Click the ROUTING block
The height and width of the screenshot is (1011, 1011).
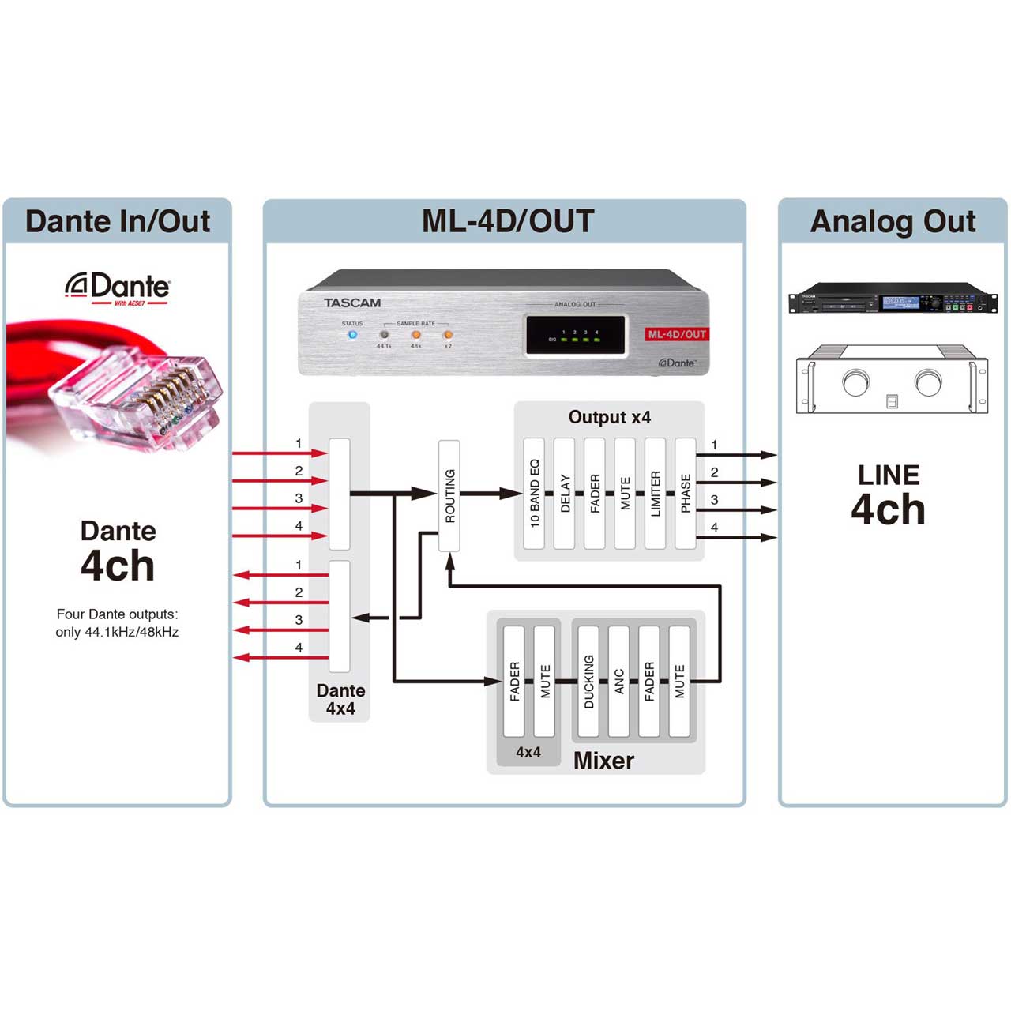(449, 495)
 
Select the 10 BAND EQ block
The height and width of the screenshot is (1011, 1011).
(534, 494)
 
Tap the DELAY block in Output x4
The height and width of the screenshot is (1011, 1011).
(564, 494)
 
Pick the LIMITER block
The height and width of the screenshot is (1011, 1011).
(655, 494)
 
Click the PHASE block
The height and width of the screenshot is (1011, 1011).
(685, 494)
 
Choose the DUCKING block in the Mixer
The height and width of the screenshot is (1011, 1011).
(588, 681)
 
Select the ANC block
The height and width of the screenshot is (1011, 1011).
(618, 681)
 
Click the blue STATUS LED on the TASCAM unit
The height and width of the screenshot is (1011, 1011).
(352, 335)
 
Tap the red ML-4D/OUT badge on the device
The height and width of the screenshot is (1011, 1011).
(677, 334)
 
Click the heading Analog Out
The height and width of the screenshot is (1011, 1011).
(893, 221)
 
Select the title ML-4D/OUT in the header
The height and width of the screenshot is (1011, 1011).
(507, 221)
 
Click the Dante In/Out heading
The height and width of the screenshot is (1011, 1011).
(118, 221)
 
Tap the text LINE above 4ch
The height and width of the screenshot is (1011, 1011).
(889, 475)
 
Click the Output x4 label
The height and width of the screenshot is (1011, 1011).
(609, 417)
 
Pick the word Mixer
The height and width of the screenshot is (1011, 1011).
(603, 760)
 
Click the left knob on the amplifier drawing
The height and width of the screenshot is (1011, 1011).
(855, 383)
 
